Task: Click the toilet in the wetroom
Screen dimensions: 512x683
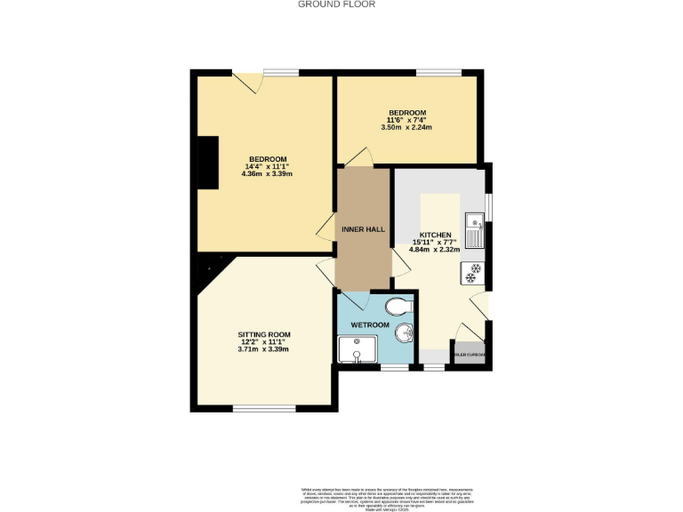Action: [x=401, y=308]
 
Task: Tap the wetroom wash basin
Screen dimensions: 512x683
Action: [x=406, y=335]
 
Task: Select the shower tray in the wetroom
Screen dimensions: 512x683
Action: [x=356, y=349]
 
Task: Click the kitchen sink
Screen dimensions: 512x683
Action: [x=476, y=232]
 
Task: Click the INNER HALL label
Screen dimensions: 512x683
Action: [x=363, y=229]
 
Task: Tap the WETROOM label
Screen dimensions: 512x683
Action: [x=371, y=325]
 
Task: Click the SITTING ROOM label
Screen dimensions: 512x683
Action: [x=263, y=334]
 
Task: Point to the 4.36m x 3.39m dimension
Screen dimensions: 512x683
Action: [x=267, y=173]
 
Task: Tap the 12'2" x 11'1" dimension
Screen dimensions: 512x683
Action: [x=263, y=341]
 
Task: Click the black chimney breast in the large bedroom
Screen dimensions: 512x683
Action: [x=208, y=163]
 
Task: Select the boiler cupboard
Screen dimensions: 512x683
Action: [x=470, y=354]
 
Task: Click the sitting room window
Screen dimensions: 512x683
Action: [x=253, y=408]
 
